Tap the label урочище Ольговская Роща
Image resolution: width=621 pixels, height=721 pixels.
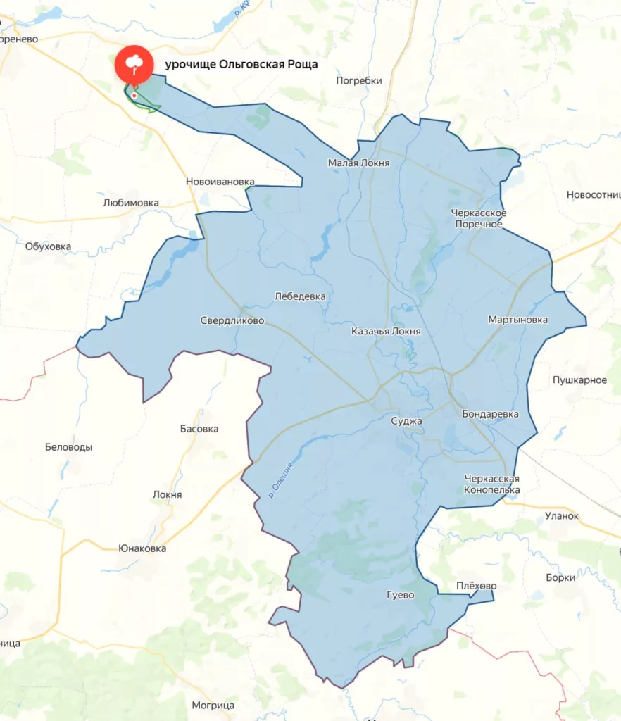(241, 65)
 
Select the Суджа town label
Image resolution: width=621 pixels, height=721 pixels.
(406, 421)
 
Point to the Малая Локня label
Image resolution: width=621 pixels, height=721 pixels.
(358, 163)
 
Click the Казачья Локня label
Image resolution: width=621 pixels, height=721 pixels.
(386, 331)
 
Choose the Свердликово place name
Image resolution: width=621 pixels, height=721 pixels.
(232, 320)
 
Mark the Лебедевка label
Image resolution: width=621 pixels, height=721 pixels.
(300, 296)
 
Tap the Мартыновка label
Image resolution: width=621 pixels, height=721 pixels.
(517, 320)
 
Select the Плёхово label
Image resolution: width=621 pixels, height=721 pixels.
(476, 586)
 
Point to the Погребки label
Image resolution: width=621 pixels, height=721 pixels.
(359, 80)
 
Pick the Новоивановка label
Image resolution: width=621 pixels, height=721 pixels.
(220, 182)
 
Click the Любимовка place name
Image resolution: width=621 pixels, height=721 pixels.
(131, 203)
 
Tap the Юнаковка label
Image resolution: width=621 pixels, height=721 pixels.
(142, 548)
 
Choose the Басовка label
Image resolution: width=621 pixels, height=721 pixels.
(199, 429)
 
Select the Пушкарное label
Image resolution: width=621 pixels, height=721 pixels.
(579, 380)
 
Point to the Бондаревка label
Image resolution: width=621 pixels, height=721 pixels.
(490, 414)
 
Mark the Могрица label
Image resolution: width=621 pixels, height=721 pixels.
(213, 705)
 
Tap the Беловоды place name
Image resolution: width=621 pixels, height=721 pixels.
(68, 447)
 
